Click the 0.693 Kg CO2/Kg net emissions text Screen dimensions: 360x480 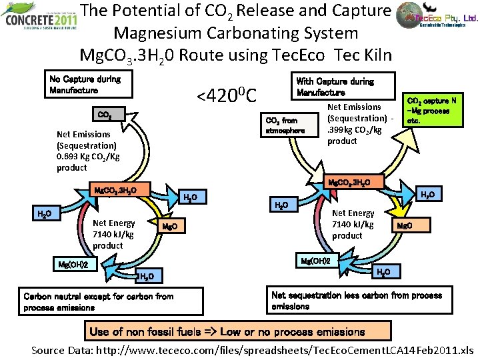click(88, 151)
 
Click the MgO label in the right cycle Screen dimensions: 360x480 click(405, 226)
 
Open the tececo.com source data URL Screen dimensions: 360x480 click(313, 350)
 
